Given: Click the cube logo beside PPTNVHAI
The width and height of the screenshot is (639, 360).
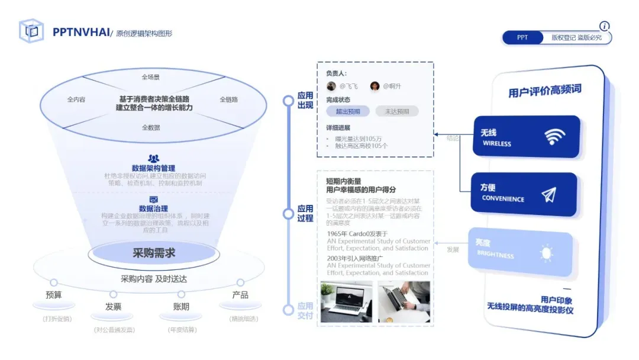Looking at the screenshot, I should click(x=31, y=31).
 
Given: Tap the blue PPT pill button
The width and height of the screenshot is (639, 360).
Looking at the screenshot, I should click(x=522, y=37).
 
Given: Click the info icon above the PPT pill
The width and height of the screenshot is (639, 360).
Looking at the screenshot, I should click(x=604, y=26).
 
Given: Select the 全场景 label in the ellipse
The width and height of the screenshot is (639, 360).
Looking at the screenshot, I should click(x=150, y=77).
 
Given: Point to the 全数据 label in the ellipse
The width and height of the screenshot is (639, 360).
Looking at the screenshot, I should click(x=150, y=127).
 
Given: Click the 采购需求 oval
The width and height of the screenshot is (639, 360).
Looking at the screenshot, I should click(x=153, y=253).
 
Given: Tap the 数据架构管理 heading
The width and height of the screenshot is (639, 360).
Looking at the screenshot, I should click(x=153, y=168).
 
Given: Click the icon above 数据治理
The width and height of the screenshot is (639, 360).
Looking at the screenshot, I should click(x=153, y=200).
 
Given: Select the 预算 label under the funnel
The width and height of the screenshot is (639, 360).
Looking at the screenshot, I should click(x=54, y=295).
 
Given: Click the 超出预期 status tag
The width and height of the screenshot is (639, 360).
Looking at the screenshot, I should click(x=347, y=111).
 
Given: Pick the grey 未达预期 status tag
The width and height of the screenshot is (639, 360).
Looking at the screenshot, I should click(x=396, y=111).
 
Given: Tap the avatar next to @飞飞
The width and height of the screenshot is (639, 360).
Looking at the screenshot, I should click(x=331, y=86).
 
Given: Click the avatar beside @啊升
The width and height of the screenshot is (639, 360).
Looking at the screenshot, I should click(x=375, y=86).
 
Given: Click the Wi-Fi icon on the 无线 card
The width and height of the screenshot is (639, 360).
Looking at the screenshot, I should click(x=554, y=137).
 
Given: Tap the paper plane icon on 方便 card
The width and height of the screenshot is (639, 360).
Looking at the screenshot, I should click(x=548, y=194).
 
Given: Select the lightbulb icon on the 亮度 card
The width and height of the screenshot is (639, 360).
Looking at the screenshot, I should click(x=546, y=253).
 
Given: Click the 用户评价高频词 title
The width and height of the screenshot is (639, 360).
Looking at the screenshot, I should click(x=544, y=91).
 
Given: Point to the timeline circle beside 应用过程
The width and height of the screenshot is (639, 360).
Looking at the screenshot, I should click(x=288, y=214).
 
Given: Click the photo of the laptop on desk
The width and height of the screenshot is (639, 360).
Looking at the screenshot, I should click(x=346, y=301).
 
